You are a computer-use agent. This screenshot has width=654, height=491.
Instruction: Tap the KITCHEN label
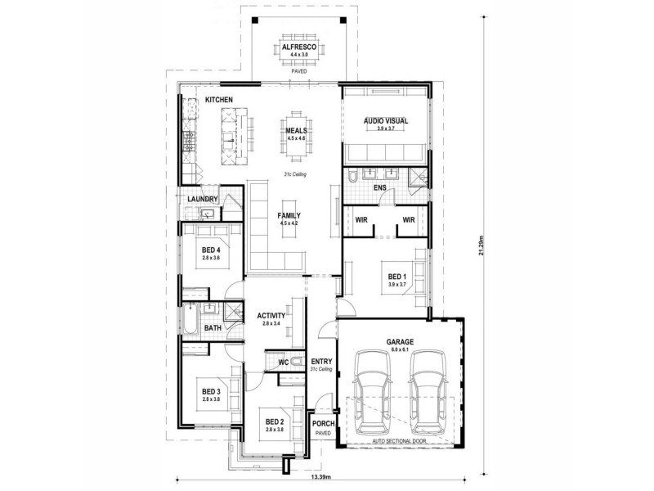coord(219,100)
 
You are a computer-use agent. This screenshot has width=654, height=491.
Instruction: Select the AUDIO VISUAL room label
coord(385,121)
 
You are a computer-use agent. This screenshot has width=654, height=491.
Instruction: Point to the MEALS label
coord(295,130)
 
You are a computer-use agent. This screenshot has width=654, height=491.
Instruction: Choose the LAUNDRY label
coord(202,199)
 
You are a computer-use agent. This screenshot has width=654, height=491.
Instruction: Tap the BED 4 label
coord(212,250)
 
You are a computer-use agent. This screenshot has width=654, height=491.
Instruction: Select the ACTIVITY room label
coord(271,315)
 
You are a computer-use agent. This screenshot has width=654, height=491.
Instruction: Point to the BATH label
coord(213,328)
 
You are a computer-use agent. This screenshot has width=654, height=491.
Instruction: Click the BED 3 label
coord(211,391)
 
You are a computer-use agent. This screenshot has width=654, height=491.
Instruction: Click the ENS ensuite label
coord(379,188)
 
